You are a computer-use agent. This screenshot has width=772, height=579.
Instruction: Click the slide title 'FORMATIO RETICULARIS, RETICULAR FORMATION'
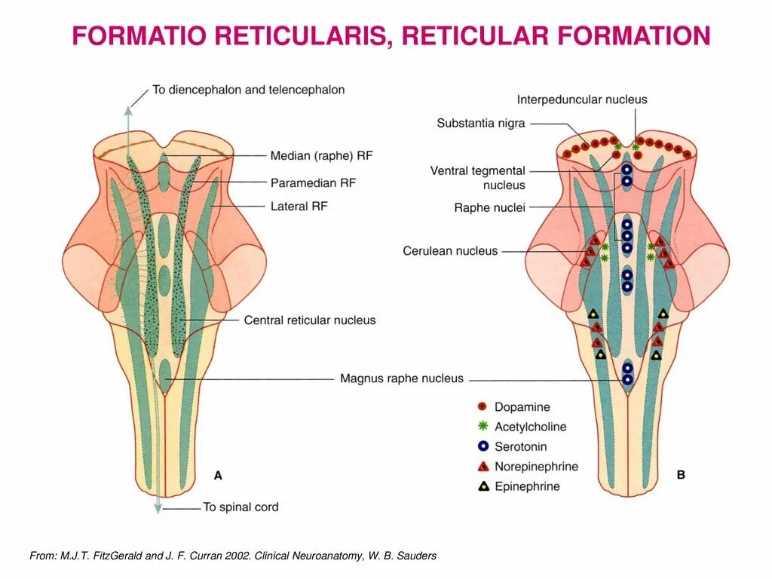(391, 35)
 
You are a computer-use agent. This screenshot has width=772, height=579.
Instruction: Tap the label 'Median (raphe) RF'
(322, 156)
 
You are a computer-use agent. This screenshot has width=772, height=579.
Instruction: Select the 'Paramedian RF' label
(313, 182)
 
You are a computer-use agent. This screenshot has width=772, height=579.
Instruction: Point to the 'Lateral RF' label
(299, 206)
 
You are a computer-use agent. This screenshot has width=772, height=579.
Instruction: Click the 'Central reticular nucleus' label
(310, 320)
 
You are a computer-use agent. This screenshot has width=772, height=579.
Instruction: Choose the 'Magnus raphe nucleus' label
(402, 378)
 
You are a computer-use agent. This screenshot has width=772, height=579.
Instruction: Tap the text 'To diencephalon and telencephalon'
(249, 90)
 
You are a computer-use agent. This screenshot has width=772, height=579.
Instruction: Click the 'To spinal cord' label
(240, 507)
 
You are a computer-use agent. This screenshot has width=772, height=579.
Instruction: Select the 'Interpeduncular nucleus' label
(582, 100)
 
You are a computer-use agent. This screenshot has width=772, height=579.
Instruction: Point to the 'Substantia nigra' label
(481, 123)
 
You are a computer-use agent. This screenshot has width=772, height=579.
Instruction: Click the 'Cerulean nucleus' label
(450, 251)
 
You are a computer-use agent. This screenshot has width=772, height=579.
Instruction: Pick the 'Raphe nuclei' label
(489, 208)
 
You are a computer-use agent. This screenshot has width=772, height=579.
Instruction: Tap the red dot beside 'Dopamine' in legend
(483, 406)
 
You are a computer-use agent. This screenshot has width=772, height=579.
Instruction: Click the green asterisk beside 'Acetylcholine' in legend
(483, 426)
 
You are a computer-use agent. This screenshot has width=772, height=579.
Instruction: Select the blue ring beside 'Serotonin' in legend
(483, 446)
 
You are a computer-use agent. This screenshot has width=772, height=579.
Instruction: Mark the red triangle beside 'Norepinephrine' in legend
(483, 467)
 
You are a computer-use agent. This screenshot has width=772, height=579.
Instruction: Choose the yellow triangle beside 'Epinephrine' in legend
(483, 486)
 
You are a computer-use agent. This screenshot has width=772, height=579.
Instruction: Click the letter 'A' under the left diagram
(218, 476)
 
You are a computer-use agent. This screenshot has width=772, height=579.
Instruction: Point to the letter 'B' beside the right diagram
(681, 476)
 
